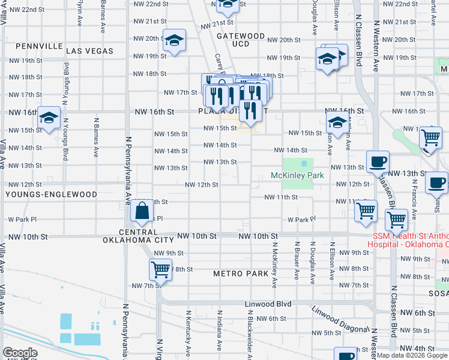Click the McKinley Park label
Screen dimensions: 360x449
[x=298, y=175]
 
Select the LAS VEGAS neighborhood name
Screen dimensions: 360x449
[x=90, y=51]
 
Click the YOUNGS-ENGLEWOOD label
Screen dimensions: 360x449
[x=51, y=195]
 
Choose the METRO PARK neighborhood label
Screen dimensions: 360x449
[x=241, y=274]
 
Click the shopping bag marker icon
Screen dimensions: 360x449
[x=141, y=211]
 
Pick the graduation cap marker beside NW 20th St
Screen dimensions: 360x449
[x=175, y=41]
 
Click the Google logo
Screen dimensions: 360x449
[x=20, y=353]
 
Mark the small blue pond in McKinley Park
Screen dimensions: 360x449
[x=304, y=163]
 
